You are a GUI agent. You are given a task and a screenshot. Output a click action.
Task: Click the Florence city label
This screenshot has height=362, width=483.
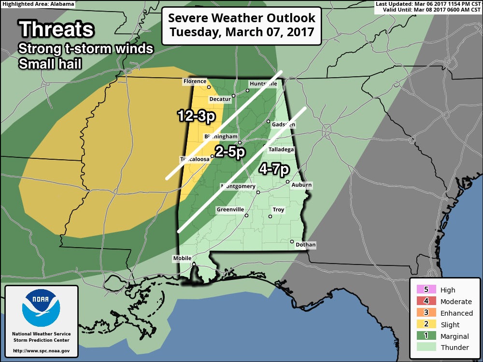pos(195,82)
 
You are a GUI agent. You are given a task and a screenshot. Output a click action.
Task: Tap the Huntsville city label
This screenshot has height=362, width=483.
pos(263,84)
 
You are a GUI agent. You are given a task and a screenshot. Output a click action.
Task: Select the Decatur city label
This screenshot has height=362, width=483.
pos(220,99)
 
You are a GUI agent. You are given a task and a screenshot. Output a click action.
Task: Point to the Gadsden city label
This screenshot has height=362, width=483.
pos(284,125)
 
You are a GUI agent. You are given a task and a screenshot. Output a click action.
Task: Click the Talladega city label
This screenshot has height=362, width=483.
pos(281,150)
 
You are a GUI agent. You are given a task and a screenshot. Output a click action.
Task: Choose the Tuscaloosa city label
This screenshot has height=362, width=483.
pos(194,159)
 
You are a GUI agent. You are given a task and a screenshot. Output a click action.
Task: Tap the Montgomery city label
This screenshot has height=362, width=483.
pos(238,186)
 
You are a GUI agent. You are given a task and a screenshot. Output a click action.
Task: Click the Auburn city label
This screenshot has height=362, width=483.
pos(302,185)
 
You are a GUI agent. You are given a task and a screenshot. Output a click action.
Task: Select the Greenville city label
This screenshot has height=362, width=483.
pos(230,210)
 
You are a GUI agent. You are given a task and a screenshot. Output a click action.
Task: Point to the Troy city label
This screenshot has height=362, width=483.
pos(278,210)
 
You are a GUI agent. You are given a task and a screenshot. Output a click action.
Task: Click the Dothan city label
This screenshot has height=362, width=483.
pos(306,245)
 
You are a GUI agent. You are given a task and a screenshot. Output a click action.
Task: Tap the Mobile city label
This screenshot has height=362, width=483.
pos(183,259)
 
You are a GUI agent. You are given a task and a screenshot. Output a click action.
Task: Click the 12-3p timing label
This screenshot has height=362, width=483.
pos(195,116)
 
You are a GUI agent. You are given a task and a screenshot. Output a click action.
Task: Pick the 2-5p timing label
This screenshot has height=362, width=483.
pos(230,152)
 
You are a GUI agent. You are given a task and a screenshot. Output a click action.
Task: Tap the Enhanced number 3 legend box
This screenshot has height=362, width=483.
pos(426,313)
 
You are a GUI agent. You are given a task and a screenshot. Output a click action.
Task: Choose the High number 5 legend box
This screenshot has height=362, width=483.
pos(426,290)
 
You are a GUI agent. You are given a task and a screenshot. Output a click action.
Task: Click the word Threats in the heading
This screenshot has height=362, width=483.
pos(56,29)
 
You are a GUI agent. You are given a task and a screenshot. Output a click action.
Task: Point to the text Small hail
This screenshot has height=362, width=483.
pos(50,63)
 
